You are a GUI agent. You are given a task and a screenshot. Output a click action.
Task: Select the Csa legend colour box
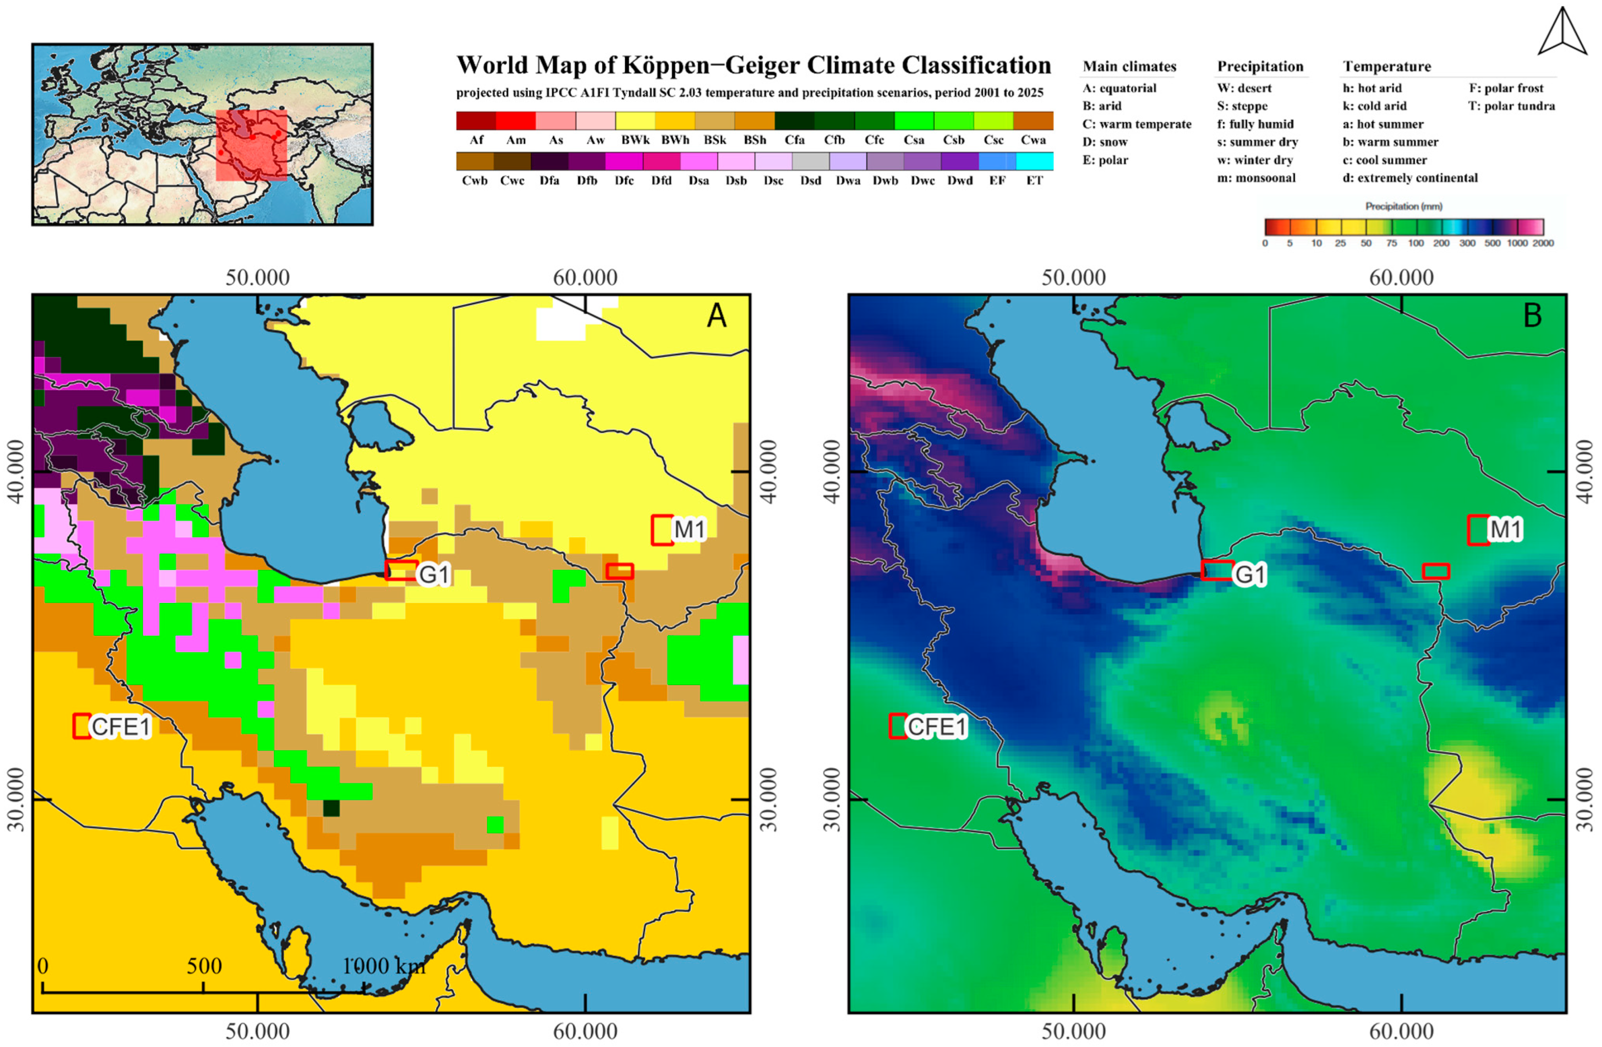[913, 120]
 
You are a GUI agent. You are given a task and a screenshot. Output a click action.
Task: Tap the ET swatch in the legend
[1034, 161]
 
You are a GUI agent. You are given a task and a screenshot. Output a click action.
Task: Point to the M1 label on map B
[1505, 529]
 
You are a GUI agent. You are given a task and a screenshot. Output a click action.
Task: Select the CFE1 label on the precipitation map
[936, 727]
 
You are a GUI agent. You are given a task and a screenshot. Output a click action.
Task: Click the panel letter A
[716, 315]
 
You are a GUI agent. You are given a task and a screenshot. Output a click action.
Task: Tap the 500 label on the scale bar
[204, 966]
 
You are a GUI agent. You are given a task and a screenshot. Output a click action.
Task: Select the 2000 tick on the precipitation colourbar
[1543, 243]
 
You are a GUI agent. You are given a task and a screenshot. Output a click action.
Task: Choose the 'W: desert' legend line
[1244, 88]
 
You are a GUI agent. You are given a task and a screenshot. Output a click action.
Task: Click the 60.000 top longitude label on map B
[1401, 277]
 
